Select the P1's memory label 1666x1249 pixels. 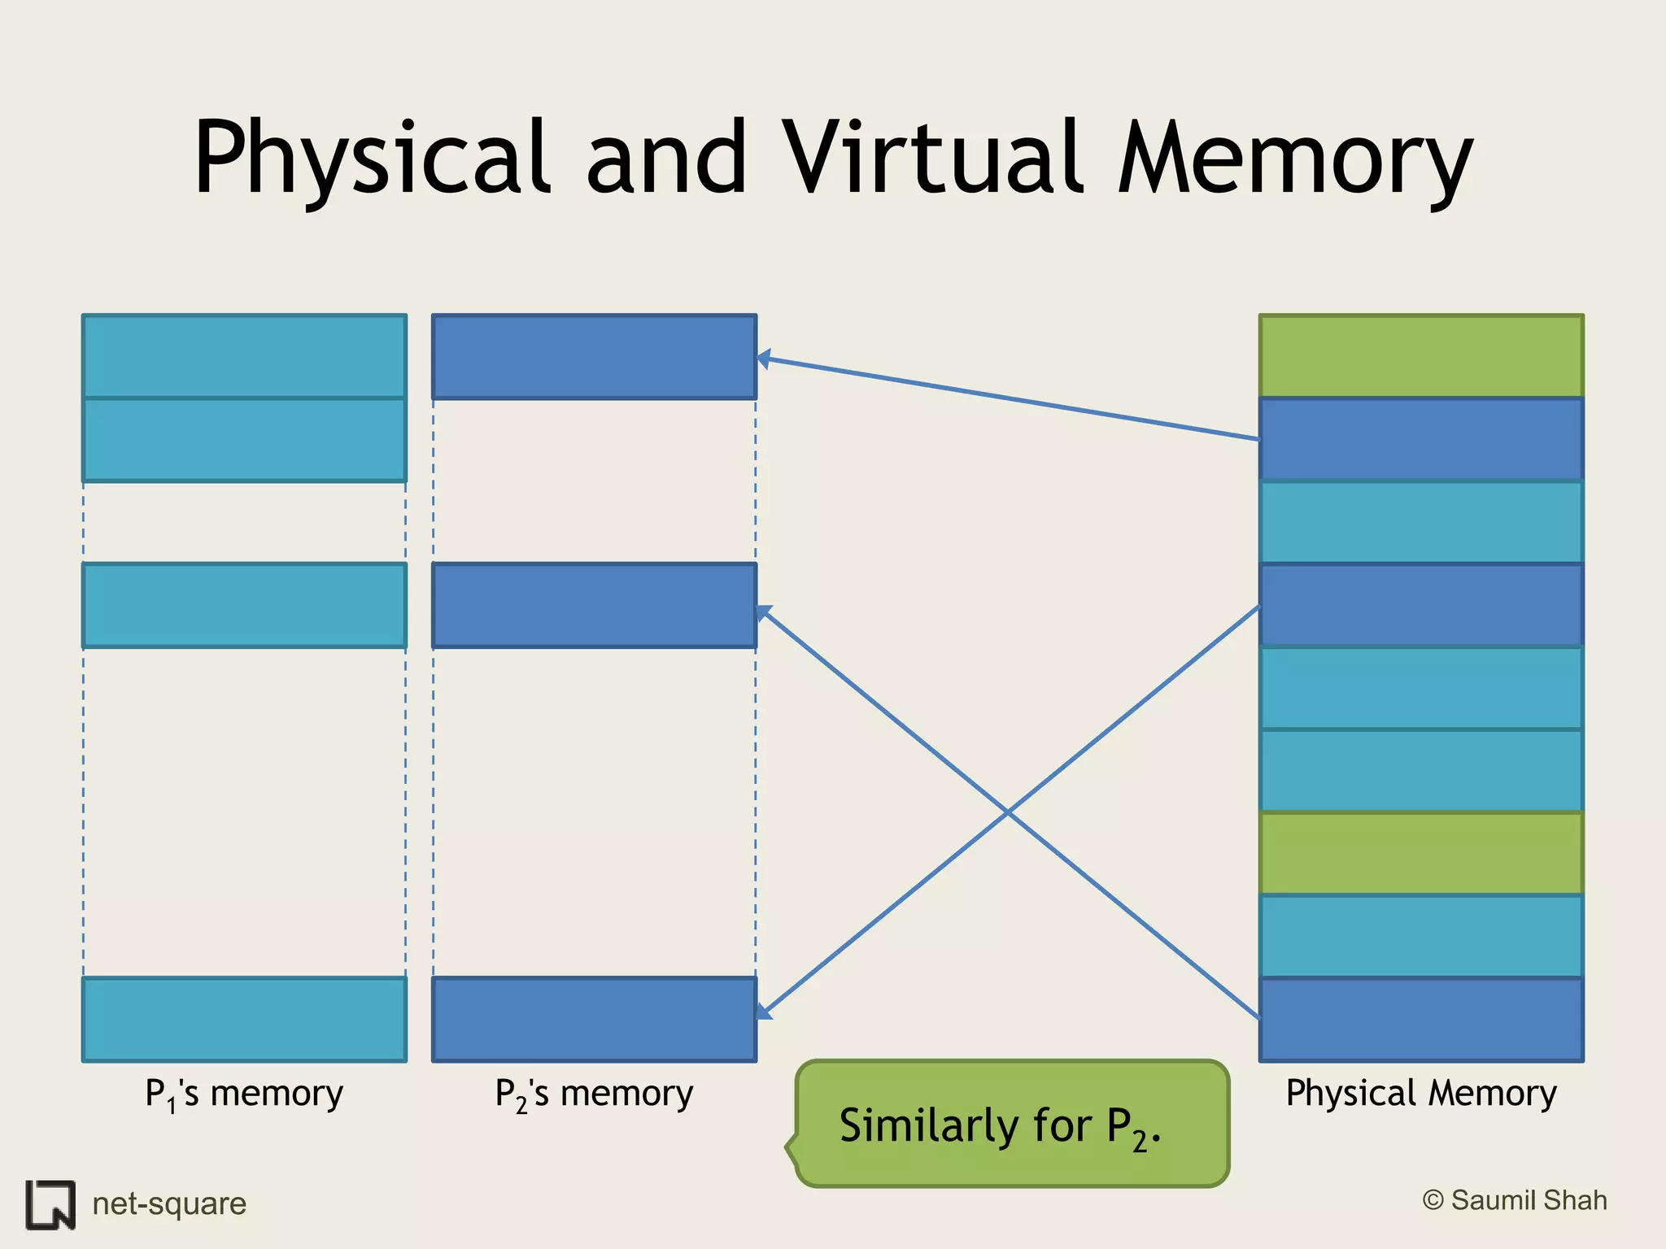[x=244, y=1094]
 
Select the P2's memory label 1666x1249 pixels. [x=594, y=1094]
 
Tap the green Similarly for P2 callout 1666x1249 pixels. [x=1012, y=1125]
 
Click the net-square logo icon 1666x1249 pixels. [x=50, y=1204]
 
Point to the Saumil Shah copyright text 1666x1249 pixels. [x=1515, y=1200]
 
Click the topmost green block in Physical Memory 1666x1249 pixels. [x=1421, y=356]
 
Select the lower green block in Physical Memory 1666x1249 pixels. [x=1421, y=853]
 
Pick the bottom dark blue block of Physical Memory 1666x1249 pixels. [x=1421, y=1020]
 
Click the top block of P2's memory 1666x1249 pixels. [x=594, y=357]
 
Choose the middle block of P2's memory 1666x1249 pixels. [x=594, y=606]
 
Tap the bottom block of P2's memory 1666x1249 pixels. [x=594, y=1020]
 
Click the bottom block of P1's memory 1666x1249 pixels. [x=244, y=1020]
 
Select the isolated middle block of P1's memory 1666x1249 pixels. [x=244, y=606]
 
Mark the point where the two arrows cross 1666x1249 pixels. [x=1008, y=812]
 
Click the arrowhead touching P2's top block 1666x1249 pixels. [x=763, y=359]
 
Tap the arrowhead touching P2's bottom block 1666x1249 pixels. [x=763, y=1012]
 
